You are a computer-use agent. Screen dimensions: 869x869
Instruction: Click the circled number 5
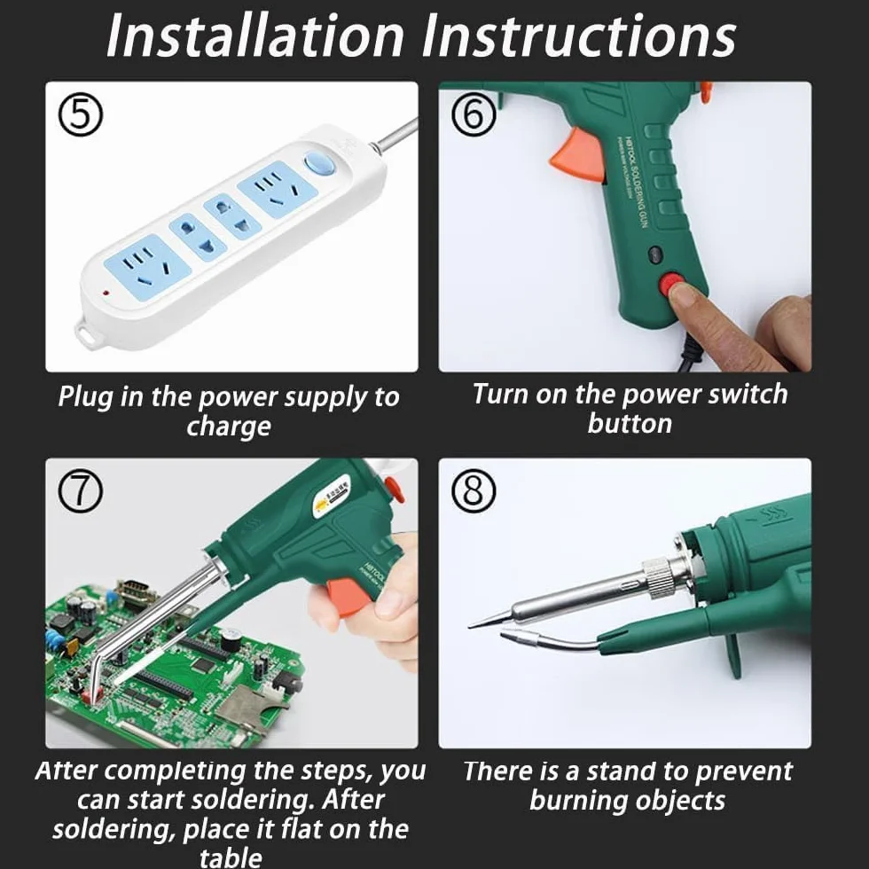click(x=81, y=114)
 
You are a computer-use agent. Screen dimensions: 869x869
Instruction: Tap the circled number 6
click(x=474, y=114)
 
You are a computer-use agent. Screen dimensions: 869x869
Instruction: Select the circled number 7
click(x=81, y=491)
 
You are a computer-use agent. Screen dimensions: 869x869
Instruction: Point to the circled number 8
click(x=474, y=491)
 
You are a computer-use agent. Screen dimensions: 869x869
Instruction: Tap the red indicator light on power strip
click(x=106, y=291)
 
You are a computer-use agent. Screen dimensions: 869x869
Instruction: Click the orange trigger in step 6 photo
click(x=576, y=155)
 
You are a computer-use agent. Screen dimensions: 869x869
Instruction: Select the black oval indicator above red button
click(x=655, y=255)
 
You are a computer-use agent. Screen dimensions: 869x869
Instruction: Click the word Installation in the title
click(x=255, y=35)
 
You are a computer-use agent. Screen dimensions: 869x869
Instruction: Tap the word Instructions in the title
click(x=578, y=35)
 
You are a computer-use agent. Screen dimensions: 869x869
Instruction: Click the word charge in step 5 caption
click(x=229, y=427)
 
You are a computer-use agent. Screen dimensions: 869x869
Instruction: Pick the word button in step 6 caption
click(x=630, y=424)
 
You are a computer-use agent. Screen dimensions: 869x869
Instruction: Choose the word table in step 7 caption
click(x=231, y=857)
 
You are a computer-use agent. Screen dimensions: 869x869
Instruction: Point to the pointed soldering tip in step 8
click(x=471, y=626)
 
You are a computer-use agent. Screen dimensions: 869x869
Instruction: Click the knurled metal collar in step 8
click(x=660, y=577)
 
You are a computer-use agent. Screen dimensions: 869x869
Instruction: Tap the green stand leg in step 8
click(x=733, y=655)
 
